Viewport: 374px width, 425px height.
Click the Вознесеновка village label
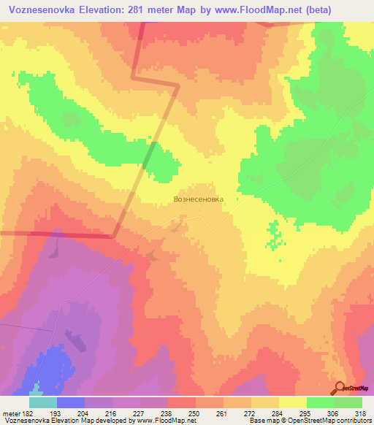tap(197, 198)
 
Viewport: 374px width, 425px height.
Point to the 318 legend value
tap(361, 414)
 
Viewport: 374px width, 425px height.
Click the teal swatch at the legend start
tap(43, 402)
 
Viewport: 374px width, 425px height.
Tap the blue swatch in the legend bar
tap(71, 402)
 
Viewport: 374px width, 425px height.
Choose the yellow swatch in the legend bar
tap(293, 402)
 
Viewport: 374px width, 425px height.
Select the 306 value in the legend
tap(333, 414)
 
